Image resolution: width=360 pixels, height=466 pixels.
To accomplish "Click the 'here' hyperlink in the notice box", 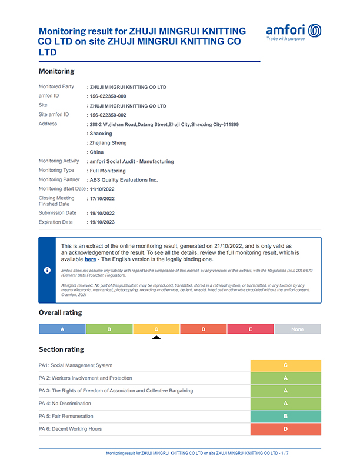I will click(90, 259).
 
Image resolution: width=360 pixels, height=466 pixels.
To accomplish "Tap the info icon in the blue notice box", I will click(47, 270).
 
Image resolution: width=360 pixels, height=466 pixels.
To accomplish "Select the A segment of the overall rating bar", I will click(62, 329).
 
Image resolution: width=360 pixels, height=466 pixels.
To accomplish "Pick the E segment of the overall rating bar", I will click(250, 329).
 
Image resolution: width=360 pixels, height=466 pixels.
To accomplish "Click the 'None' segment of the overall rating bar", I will click(297, 329).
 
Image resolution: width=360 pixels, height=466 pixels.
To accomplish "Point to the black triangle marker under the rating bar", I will click(156, 337).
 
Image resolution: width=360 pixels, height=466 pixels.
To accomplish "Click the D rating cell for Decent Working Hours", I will click(285, 429).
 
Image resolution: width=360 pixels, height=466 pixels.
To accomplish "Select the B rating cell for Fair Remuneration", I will click(285, 416).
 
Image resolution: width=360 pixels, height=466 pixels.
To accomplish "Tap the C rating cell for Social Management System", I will click(285, 365).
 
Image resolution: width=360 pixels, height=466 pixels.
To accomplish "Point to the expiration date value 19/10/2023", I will click(101, 222).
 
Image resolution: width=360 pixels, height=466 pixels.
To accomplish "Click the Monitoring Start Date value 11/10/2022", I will click(101, 189).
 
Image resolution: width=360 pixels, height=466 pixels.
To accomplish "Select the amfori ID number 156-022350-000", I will click(108, 96).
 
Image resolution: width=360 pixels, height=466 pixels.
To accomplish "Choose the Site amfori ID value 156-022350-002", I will click(108, 115).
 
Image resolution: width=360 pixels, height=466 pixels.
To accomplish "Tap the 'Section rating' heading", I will click(61, 349).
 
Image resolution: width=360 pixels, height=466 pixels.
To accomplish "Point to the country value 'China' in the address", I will click(96, 152).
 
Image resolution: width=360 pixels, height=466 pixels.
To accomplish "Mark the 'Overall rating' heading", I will click(61, 312).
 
